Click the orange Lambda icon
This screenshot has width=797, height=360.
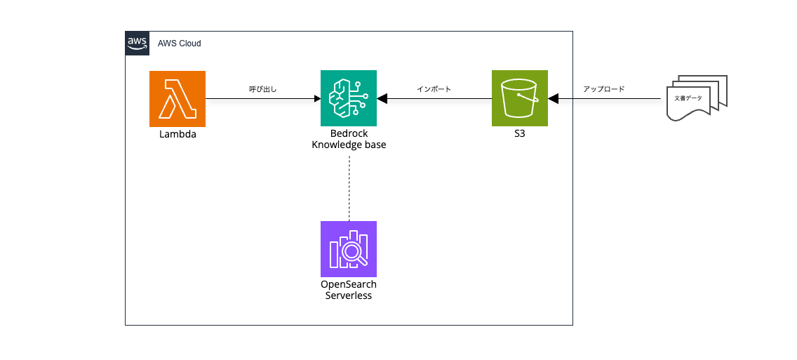[177, 98]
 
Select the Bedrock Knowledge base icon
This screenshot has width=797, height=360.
[349, 98]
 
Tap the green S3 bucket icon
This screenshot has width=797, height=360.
[520, 98]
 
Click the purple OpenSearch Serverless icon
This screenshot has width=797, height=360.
[349, 249]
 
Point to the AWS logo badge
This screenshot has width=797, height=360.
[137, 43]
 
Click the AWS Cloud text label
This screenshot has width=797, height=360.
[180, 44]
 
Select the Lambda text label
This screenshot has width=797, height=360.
[177, 134]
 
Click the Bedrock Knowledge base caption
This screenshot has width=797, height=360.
[349, 140]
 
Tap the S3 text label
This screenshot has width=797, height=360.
[520, 134]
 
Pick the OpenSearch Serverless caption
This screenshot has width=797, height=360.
[349, 291]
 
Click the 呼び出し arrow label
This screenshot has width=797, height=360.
[263, 89]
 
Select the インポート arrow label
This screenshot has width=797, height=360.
[434, 89]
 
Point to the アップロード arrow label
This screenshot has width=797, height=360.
[603, 89]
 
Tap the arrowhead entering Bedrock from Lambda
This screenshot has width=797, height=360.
[316, 98]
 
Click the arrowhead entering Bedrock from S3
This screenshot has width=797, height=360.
[382, 98]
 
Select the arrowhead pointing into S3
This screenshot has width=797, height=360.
[553, 98]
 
